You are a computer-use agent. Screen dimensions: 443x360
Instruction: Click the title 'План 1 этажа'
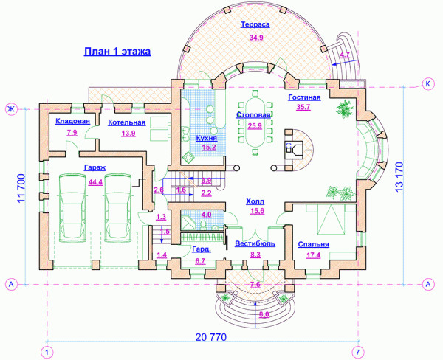(117, 52)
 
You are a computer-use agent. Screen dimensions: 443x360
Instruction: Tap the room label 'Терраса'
(255, 24)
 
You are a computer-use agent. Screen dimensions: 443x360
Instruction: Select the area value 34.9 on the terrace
(256, 38)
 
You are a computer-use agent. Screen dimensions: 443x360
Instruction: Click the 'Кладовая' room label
(72, 121)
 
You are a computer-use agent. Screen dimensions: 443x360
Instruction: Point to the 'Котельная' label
(127, 122)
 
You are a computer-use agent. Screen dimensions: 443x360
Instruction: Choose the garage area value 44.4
(95, 182)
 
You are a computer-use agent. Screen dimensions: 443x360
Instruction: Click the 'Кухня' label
(207, 138)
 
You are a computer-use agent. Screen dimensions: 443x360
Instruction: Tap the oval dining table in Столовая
(255, 122)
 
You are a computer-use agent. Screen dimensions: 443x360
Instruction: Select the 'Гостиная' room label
(304, 97)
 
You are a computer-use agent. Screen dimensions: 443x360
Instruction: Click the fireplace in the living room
(295, 150)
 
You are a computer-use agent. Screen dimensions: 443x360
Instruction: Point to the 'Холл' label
(255, 201)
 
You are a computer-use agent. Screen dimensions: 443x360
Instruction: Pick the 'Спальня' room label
(314, 244)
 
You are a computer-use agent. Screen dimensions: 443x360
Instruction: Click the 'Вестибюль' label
(255, 243)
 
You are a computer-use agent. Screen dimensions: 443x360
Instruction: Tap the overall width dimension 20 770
(211, 337)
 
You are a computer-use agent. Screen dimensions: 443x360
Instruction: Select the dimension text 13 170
(399, 177)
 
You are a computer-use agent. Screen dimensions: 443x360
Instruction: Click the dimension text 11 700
(21, 188)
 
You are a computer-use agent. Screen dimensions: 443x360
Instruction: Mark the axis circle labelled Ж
(11, 109)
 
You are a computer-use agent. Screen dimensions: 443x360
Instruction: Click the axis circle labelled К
(428, 84)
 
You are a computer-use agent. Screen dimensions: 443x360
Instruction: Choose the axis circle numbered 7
(358, 353)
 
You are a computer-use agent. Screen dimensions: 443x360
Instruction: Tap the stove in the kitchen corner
(188, 157)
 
